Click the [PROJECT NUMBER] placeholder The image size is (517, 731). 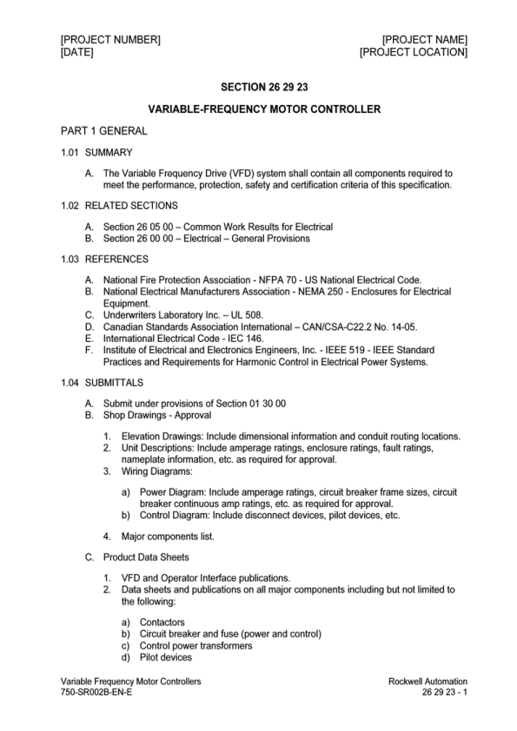tap(110, 40)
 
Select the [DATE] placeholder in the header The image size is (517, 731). tap(77, 53)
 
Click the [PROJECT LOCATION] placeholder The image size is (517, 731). tap(414, 53)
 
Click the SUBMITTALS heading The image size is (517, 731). tap(115, 383)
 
